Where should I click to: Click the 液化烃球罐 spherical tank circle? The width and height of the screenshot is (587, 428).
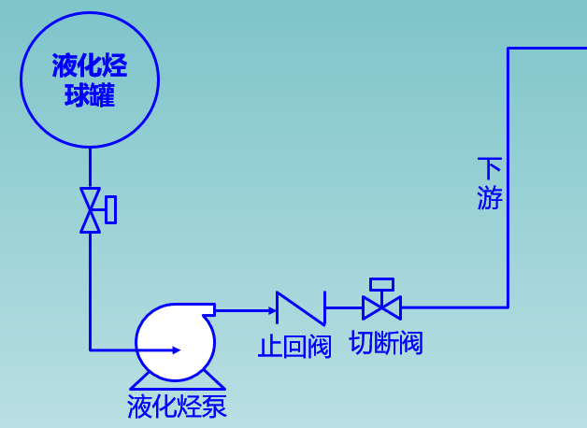[x=90, y=112]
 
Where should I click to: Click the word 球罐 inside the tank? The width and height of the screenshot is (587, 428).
[x=90, y=95]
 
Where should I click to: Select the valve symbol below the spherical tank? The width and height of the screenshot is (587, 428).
[x=91, y=209]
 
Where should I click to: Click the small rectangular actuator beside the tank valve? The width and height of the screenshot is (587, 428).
[x=111, y=209]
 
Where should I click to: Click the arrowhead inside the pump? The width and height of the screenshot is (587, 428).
[x=175, y=350]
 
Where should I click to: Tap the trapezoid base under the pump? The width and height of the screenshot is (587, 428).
[x=178, y=379]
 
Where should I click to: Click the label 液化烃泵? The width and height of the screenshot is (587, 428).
[x=178, y=407]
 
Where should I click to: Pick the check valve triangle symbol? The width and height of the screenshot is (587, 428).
[x=299, y=307]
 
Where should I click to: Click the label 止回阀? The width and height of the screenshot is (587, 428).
[x=294, y=347]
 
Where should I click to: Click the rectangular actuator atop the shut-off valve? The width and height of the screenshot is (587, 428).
[x=381, y=284]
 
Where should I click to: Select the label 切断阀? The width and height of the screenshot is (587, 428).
[x=385, y=343]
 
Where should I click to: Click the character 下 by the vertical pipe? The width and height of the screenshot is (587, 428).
[x=490, y=169]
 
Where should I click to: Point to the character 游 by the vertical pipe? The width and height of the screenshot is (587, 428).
[x=490, y=198]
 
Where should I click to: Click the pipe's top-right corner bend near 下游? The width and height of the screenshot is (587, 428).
[x=508, y=49]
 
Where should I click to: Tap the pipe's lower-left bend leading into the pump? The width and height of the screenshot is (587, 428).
[x=91, y=350]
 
